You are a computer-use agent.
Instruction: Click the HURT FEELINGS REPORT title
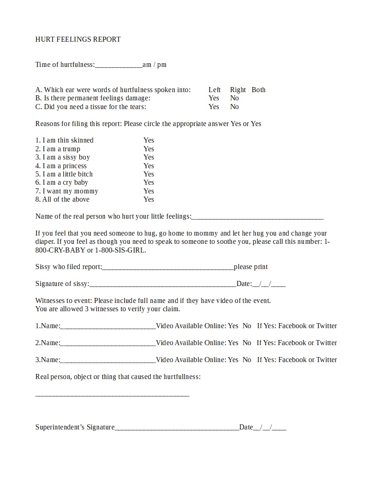pos(78,39)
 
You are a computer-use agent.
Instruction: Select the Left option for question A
pos(214,90)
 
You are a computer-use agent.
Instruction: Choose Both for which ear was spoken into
pos(258,90)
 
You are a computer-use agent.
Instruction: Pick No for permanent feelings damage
pos(234,98)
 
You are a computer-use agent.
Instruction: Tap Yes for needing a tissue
pos(214,107)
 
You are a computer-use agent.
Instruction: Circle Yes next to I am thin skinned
pos(148,140)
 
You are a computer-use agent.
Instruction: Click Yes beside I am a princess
pos(148,166)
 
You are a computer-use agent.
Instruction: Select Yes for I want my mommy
pos(148,191)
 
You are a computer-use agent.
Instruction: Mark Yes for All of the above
pos(148,199)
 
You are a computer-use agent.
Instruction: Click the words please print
pos(251,267)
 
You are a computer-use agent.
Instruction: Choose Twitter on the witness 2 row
pos(326,343)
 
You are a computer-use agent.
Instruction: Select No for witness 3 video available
pos(247,360)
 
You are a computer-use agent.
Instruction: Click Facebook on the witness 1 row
pos(292,326)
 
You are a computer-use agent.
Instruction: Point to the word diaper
pos(45,242)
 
